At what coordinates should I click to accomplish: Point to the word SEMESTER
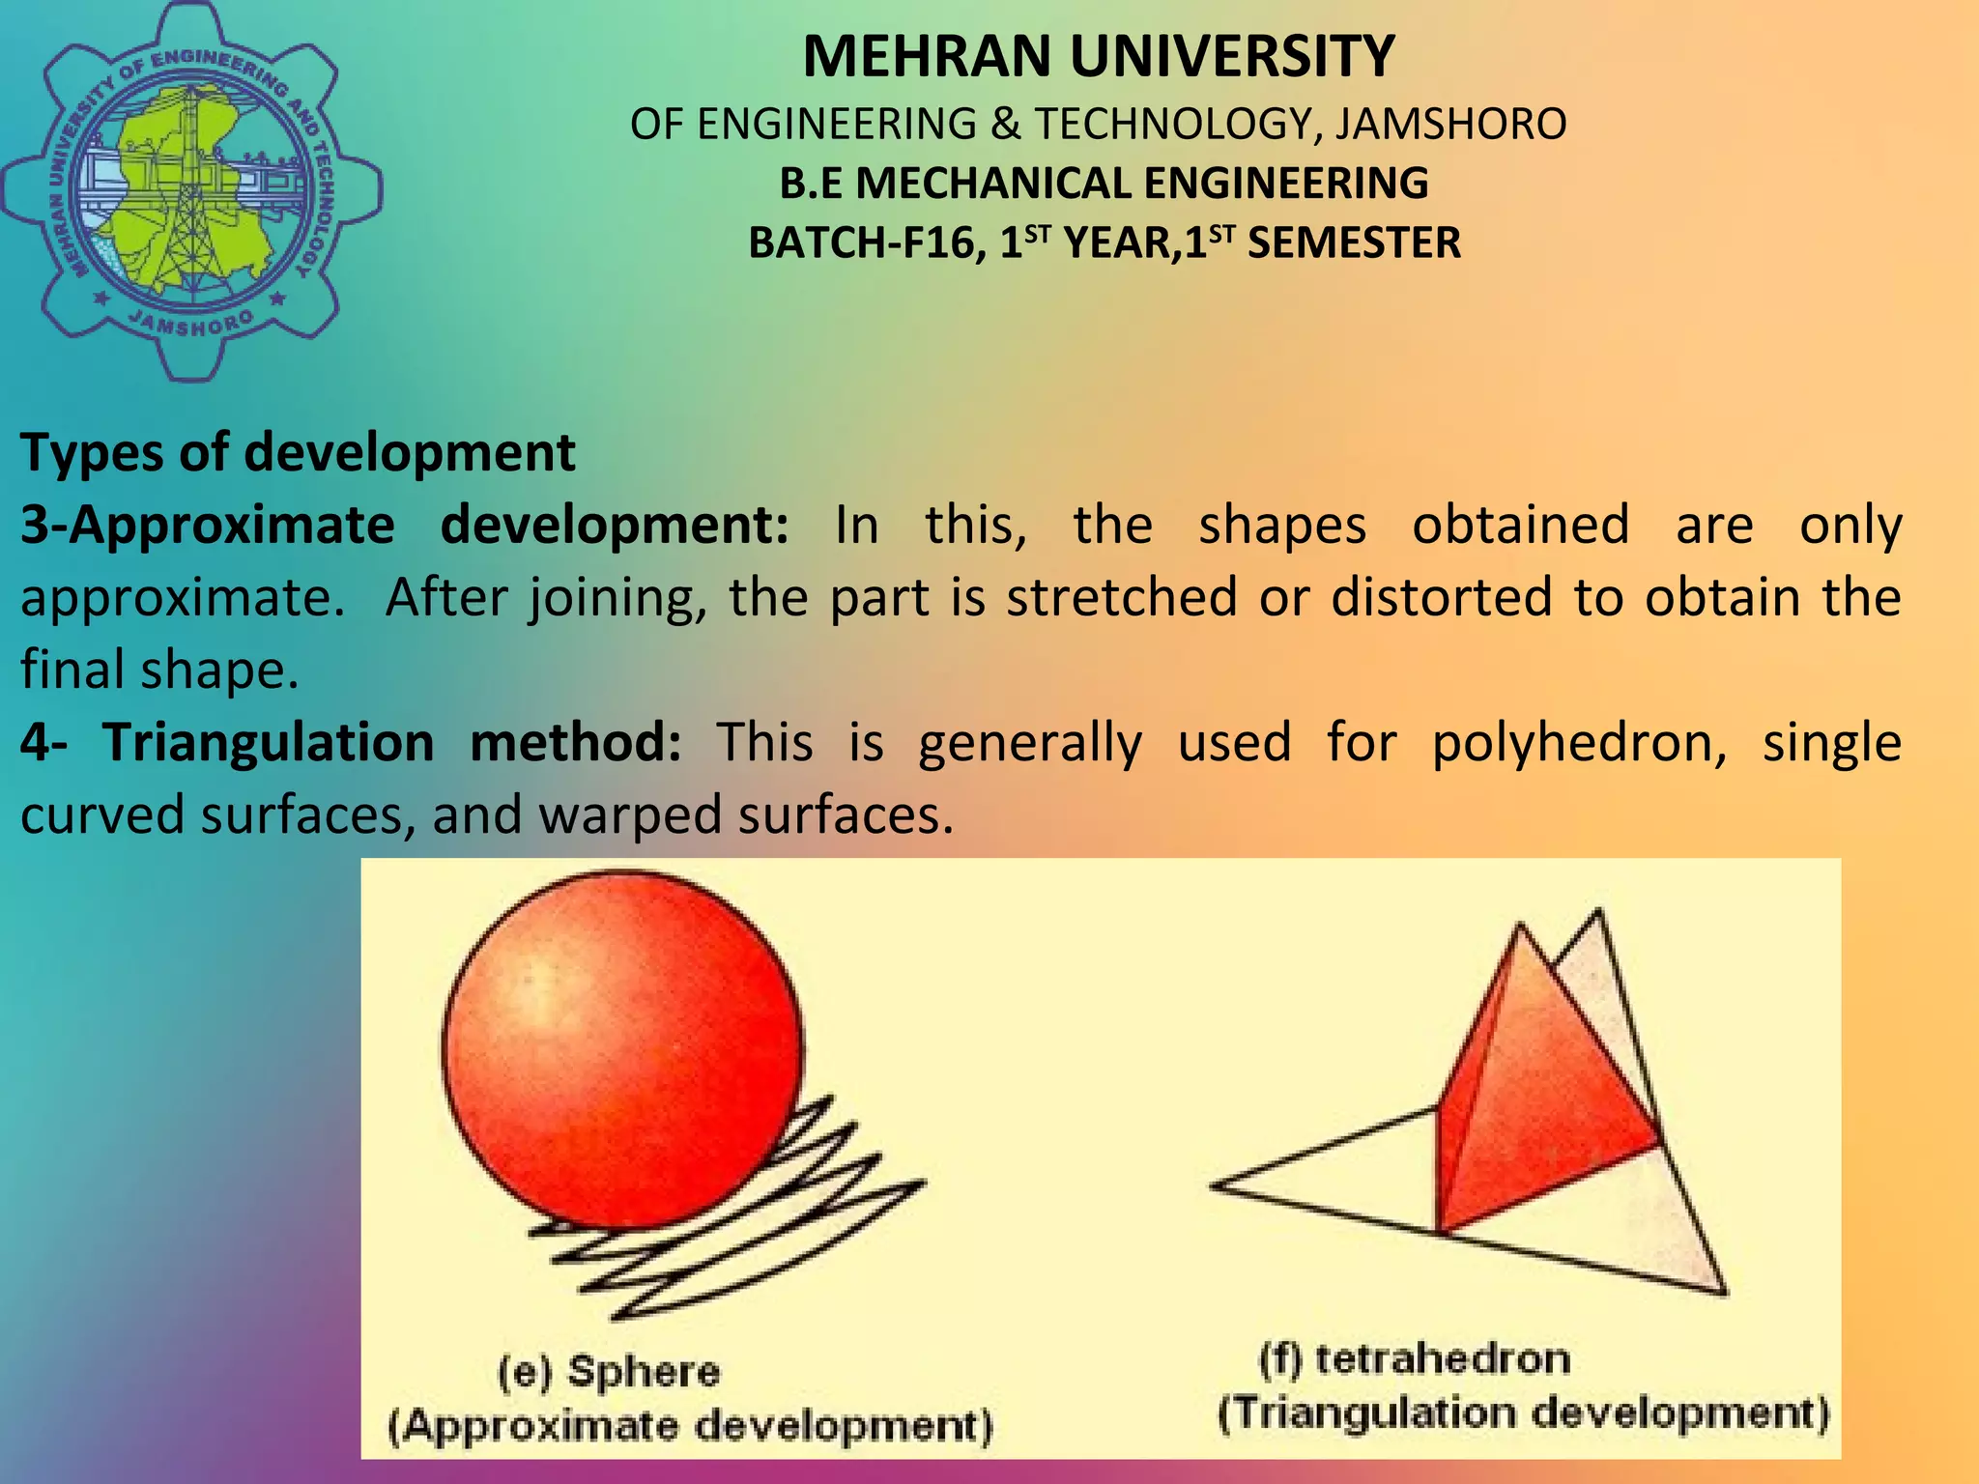click(x=1354, y=243)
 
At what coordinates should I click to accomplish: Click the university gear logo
click(x=190, y=190)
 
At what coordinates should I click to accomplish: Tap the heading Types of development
click(x=298, y=452)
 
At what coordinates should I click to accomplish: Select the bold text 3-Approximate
click(x=207, y=525)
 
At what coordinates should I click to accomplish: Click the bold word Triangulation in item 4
click(x=268, y=742)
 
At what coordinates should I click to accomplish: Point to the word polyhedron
click(x=1578, y=742)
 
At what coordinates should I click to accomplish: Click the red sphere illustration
click(x=621, y=1048)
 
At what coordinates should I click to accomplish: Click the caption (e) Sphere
click(x=609, y=1372)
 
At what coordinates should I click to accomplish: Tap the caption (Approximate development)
click(x=690, y=1426)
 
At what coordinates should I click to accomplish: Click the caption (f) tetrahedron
click(x=1414, y=1359)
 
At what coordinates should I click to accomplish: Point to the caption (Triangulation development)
click(x=1523, y=1413)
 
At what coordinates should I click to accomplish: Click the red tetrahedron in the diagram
click(x=1536, y=1092)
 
